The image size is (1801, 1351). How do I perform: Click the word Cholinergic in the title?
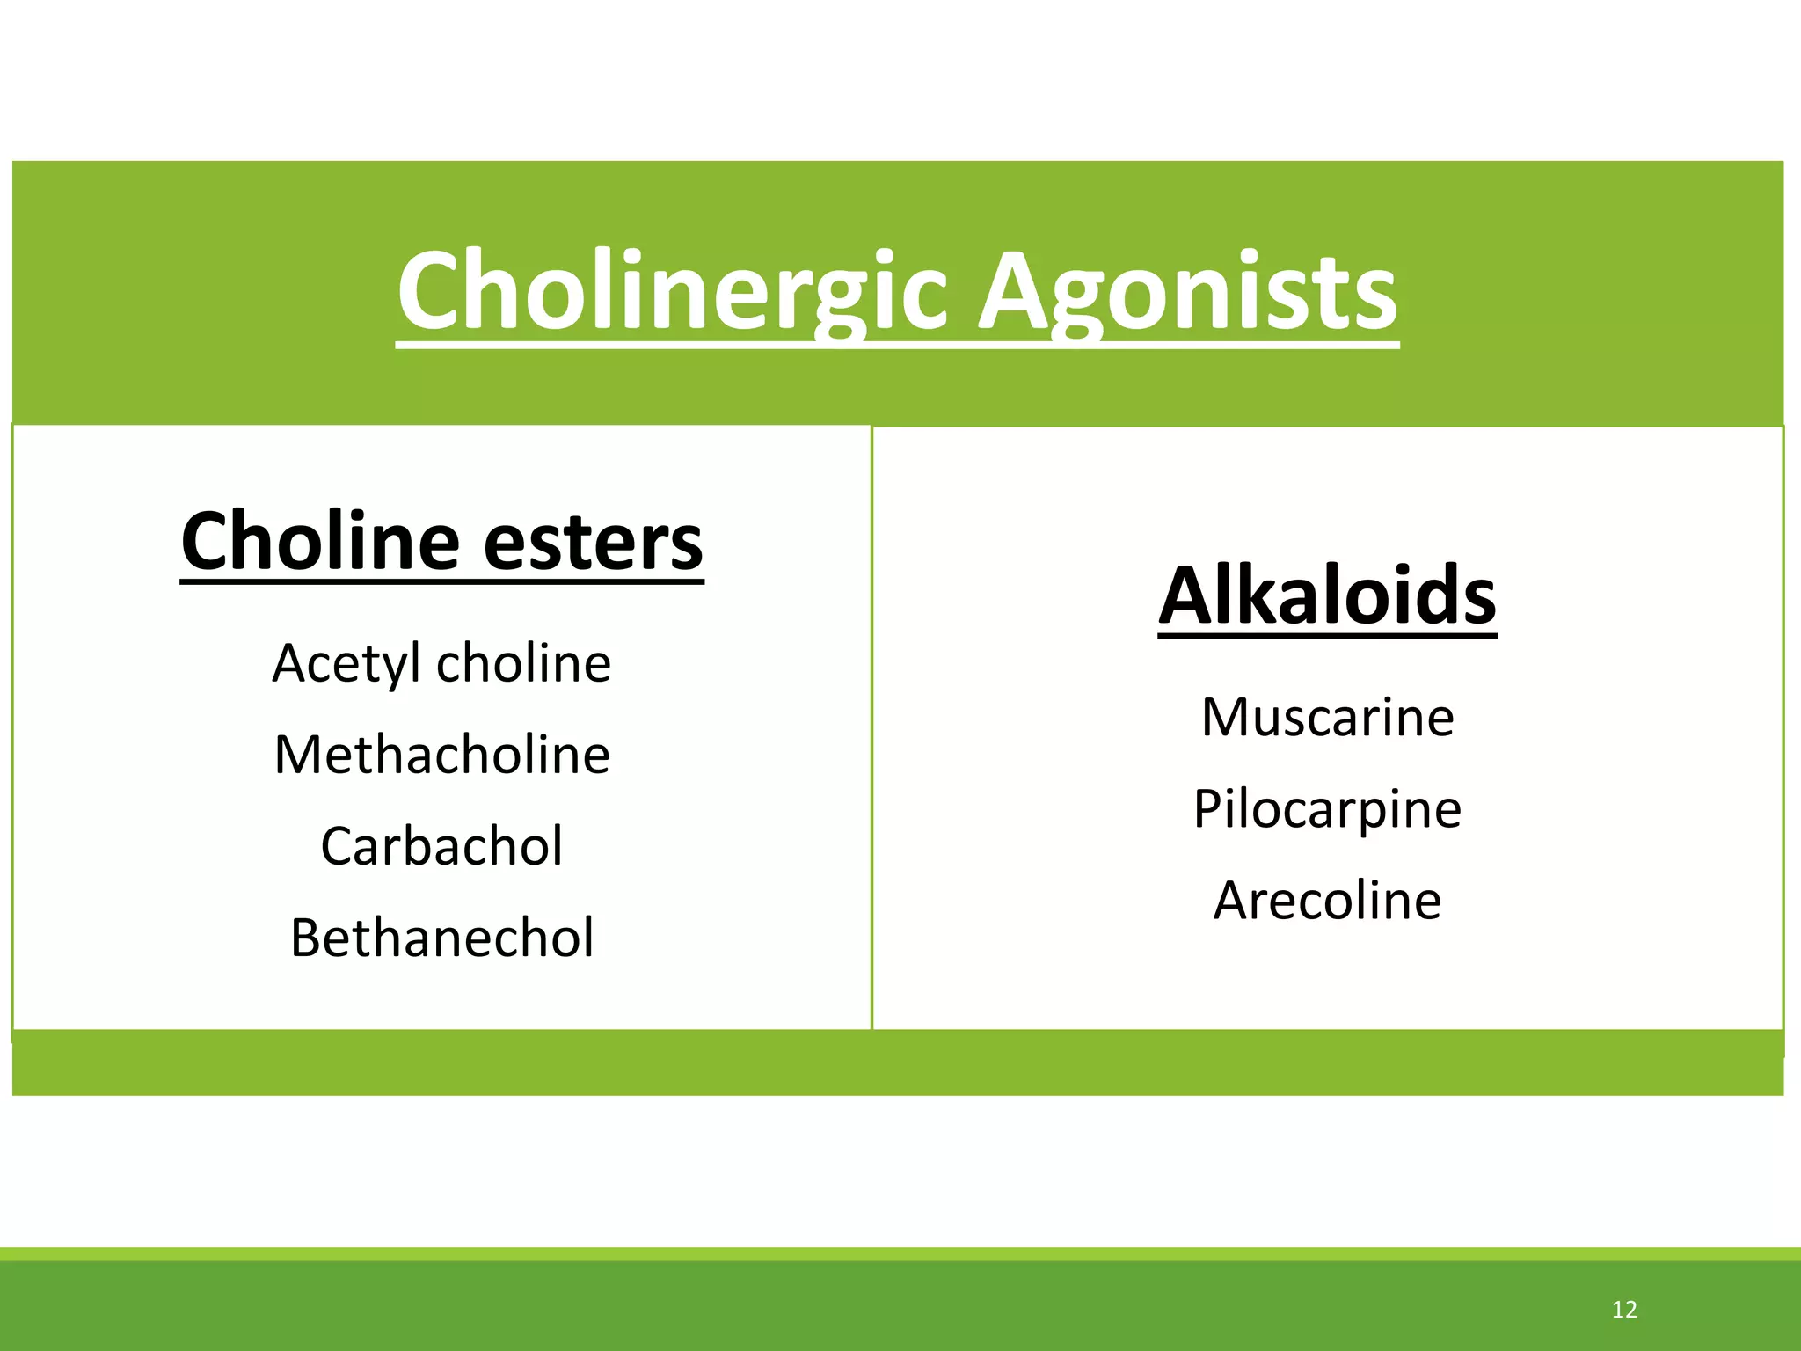click(x=672, y=292)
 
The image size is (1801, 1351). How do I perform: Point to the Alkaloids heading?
click(x=1327, y=595)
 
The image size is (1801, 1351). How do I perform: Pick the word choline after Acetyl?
click(x=523, y=663)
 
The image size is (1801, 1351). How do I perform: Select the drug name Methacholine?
click(x=441, y=755)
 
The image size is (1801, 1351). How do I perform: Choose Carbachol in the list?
click(x=441, y=846)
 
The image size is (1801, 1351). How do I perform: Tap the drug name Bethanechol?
click(x=441, y=938)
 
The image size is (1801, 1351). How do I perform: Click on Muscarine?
click(x=1327, y=718)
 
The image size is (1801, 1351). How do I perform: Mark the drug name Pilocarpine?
click(x=1327, y=809)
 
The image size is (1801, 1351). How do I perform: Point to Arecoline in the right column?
click(x=1327, y=901)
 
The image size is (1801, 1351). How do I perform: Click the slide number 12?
click(x=1624, y=1310)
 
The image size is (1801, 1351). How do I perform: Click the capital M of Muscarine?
click(x=1226, y=718)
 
